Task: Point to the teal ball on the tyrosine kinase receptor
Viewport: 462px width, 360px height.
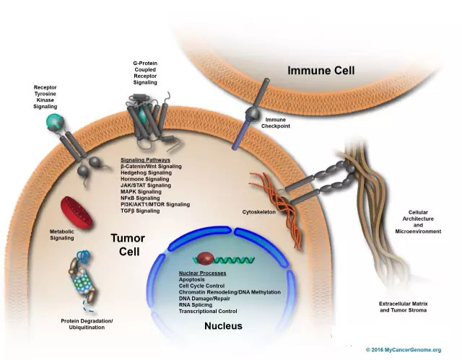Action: tap(51, 122)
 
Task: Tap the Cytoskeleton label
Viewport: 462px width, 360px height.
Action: tap(261, 213)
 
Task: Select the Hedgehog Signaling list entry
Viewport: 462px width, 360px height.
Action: tap(146, 172)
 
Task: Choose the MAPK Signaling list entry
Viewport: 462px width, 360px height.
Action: tap(141, 191)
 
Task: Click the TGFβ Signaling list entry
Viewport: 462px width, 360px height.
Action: tap(140, 211)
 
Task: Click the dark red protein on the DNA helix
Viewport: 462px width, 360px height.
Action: tap(204, 258)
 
